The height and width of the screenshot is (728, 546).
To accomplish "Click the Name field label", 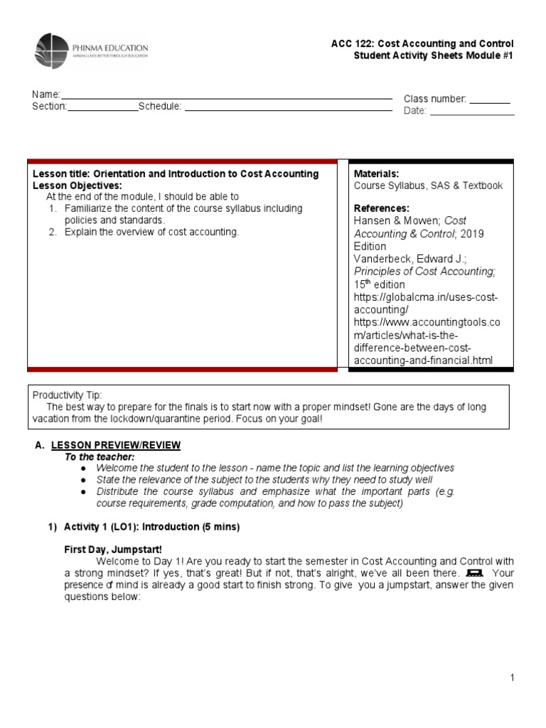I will point(45,95).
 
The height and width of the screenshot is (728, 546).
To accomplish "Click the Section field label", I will point(49,107).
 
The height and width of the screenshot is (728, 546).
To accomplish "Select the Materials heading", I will point(376,173).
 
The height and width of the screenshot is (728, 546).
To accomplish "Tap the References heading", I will point(381,208).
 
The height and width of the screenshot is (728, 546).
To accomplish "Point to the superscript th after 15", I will point(368,282).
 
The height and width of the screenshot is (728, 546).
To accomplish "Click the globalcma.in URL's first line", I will point(426,296).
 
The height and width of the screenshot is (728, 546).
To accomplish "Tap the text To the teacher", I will point(100,456).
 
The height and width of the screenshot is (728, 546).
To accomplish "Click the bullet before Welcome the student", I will point(83,469).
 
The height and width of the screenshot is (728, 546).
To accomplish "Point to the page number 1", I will point(512,678).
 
